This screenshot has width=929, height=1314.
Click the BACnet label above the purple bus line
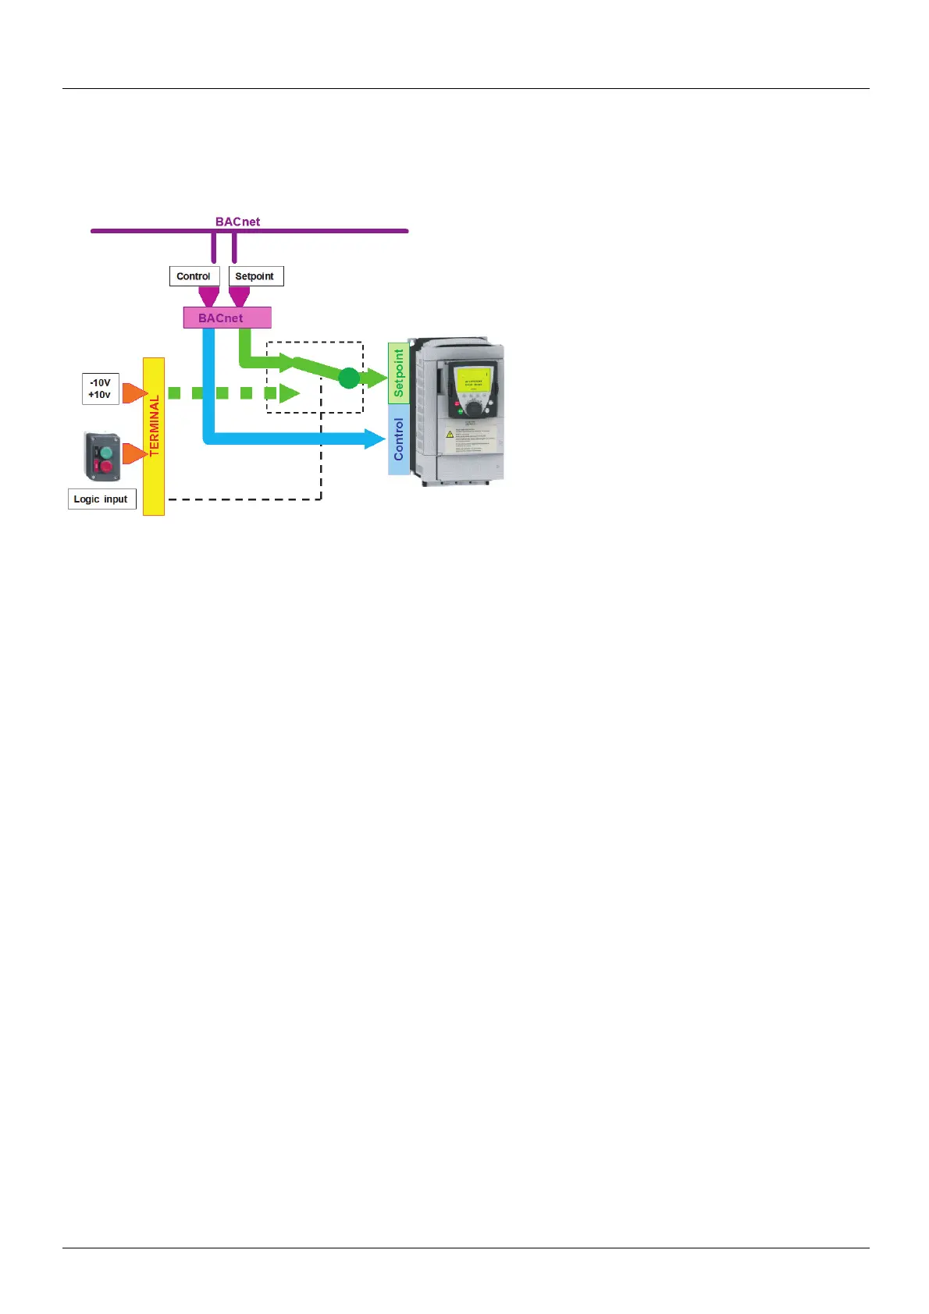click(x=237, y=222)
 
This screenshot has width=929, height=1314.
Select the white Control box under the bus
click(x=194, y=276)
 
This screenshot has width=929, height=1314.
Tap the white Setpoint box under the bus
click(x=255, y=276)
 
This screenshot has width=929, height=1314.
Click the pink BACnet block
click(x=227, y=318)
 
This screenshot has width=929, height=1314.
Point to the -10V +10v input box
click(x=101, y=389)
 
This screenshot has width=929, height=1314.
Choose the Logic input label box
click(x=101, y=499)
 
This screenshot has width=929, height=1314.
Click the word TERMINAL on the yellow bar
click(x=154, y=425)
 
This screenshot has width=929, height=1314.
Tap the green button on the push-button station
click(x=106, y=451)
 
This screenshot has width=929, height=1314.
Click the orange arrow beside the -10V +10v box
click(x=133, y=392)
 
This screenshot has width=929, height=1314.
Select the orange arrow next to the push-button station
click(x=133, y=453)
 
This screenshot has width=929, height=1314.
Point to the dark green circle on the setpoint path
click(x=349, y=378)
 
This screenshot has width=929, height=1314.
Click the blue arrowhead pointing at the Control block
click(x=375, y=439)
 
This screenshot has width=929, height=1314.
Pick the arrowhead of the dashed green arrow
click(x=290, y=393)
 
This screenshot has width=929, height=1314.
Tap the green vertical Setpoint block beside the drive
click(x=398, y=373)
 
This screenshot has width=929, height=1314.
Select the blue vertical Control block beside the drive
click(x=398, y=439)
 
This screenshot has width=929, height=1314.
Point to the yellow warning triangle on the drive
click(x=450, y=434)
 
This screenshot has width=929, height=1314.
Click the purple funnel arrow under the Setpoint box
click(x=239, y=297)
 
